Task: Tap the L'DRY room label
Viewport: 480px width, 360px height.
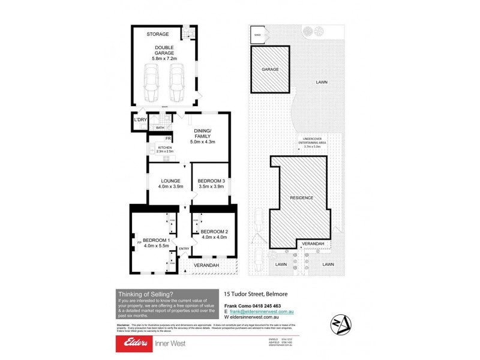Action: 140,121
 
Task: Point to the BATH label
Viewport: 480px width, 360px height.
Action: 160,128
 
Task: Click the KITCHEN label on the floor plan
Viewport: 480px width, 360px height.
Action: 165,147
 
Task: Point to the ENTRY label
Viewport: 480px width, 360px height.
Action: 184,249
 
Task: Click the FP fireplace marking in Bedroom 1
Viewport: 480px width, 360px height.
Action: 139,242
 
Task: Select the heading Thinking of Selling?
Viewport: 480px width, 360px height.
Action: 146,294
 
